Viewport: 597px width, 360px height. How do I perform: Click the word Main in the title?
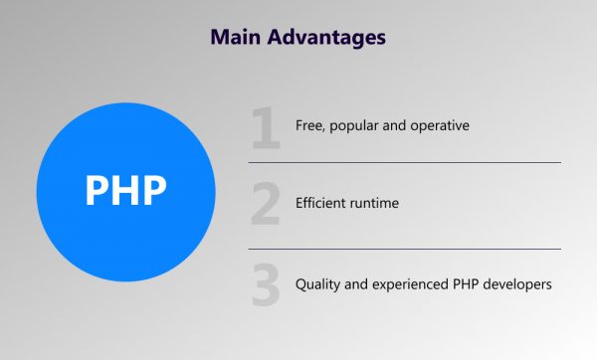coord(237,37)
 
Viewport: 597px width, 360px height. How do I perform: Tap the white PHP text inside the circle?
coord(125,190)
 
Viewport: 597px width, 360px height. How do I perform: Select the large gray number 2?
coord(266,205)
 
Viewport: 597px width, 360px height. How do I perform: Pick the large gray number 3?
coord(266,284)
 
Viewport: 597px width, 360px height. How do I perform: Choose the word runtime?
coord(379,204)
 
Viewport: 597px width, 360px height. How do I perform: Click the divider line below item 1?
coord(404,162)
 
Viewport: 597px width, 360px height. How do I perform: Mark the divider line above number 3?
coord(404,249)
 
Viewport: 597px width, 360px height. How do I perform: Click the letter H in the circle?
coord(126,190)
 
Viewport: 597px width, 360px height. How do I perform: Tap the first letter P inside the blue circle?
coord(97,190)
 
